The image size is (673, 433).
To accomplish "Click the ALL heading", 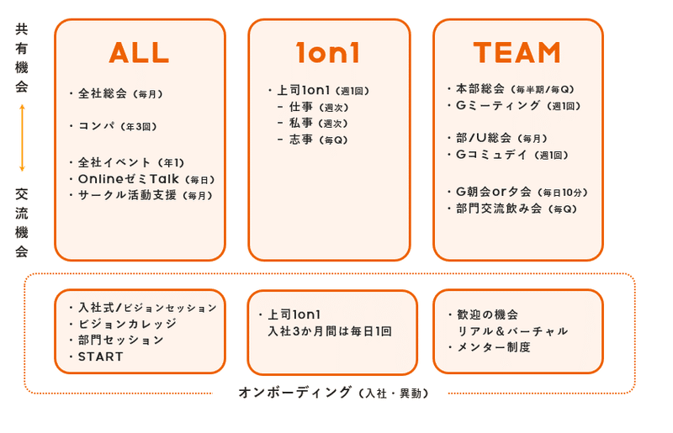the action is coord(139,53).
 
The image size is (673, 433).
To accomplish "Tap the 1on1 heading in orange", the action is coord(328,53).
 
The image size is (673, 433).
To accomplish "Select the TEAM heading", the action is coord(517,53).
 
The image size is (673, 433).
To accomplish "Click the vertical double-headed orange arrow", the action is coord(23,138).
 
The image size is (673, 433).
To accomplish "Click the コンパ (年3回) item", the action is coord(117,127).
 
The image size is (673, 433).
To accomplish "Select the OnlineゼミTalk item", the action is coord(146,179).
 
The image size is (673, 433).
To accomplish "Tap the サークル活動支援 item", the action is coord(145,195).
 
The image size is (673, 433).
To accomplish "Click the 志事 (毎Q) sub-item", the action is coord(318,140).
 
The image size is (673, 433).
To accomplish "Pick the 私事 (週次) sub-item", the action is coord(318,123).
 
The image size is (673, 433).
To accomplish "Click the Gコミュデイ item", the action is coord(512,155).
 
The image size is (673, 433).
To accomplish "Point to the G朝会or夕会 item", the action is coord(522,192).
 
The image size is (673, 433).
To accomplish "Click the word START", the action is coord(100,356).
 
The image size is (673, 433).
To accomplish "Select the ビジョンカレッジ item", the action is coord(127,324).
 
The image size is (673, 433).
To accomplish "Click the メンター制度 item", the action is coord(494,347).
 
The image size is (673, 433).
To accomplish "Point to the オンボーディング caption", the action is coord(333,393).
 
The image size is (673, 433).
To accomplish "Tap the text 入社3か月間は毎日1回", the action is coord(330,331).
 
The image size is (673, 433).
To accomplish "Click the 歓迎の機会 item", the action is coord(488,314).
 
